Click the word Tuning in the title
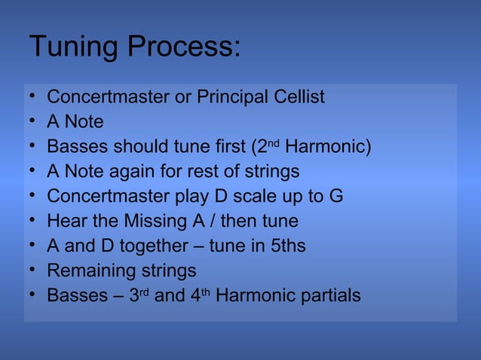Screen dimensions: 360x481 click(x=73, y=47)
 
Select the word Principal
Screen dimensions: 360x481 click(x=233, y=97)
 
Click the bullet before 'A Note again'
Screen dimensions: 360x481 click(x=33, y=171)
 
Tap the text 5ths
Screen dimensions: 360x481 click(x=287, y=246)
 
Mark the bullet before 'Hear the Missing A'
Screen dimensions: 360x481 click(x=33, y=221)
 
